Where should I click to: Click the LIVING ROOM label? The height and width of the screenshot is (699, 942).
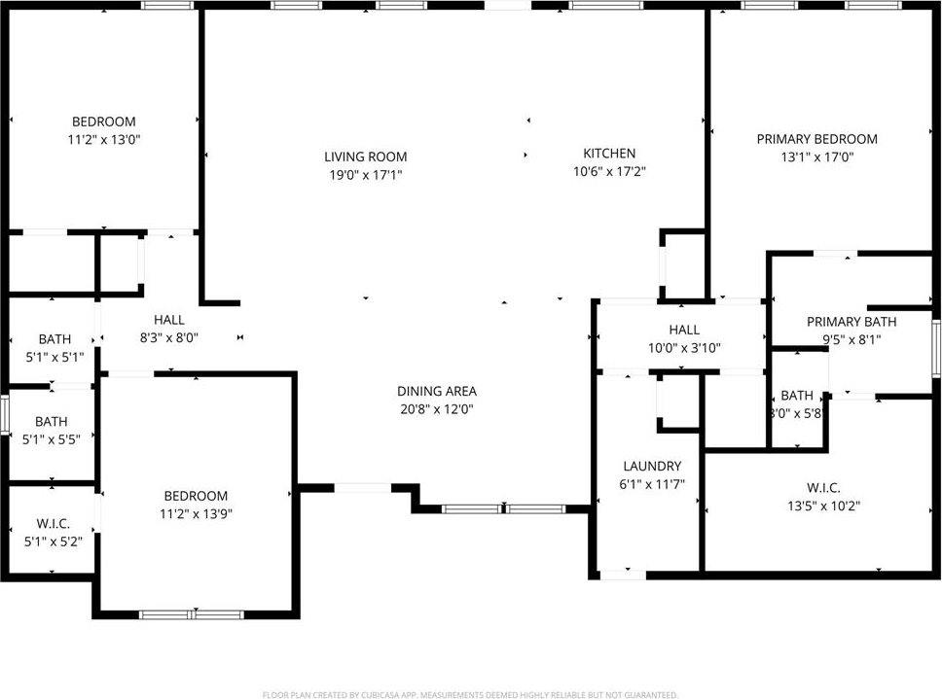click(x=366, y=157)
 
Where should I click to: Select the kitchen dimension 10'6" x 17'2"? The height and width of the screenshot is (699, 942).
click(x=609, y=171)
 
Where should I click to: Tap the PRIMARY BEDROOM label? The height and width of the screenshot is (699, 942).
click(x=816, y=139)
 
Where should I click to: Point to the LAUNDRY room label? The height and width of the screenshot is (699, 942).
click(x=652, y=466)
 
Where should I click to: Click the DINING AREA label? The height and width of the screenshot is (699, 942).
click(x=437, y=391)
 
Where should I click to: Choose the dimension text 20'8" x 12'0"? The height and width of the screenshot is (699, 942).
click(x=437, y=409)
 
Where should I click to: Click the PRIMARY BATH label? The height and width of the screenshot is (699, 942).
click(x=851, y=322)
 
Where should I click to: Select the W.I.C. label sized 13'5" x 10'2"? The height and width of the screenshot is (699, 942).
click(x=823, y=487)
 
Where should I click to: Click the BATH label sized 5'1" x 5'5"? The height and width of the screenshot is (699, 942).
click(x=52, y=421)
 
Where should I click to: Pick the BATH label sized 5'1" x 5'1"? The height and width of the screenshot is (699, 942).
click(x=54, y=338)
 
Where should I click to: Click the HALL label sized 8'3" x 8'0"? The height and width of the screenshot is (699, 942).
click(x=168, y=319)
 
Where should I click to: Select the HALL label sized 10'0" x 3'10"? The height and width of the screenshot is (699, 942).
click(x=684, y=330)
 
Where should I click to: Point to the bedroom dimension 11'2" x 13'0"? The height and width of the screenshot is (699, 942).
click(x=103, y=139)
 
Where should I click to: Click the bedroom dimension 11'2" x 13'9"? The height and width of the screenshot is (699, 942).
click(x=196, y=513)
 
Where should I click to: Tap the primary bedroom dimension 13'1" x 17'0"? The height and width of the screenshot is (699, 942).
click(x=816, y=157)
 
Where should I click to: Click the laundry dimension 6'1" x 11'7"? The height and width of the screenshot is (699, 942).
click(x=652, y=483)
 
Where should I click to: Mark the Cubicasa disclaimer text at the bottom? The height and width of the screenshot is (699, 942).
click(x=470, y=694)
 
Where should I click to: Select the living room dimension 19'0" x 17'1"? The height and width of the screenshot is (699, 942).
click(x=366, y=175)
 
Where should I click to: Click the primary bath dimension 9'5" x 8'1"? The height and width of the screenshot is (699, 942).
click(x=851, y=340)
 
